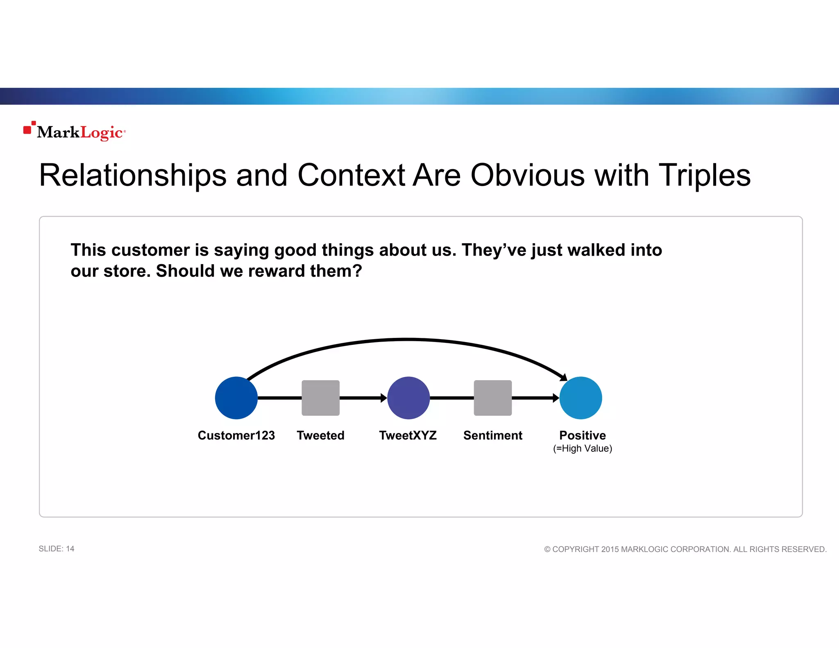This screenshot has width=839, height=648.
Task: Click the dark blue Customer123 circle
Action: tap(236, 398)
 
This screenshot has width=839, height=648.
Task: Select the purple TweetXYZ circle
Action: tap(408, 398)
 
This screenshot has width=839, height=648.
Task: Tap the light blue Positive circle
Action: tap(580, 398)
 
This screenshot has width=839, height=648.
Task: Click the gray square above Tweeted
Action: tap(320, 398)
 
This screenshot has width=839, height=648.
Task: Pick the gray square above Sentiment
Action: tap(492, 398)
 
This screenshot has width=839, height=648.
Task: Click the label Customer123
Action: tap(236, 435)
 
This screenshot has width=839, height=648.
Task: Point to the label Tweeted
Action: tap(320, 435)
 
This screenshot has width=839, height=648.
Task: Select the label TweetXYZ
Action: tap(408, 435)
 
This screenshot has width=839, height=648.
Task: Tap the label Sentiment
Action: tap(492, 435)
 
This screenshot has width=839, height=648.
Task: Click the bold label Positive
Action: tap(582, 435)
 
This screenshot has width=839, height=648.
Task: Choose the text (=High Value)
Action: tap(582, 449)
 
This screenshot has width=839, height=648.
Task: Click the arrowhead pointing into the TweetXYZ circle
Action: tap(384, 398)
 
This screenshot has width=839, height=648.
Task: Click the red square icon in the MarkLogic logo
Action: tap(27, 130)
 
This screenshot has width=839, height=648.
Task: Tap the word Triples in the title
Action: tap(705, 175)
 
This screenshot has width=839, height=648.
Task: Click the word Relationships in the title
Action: tap(133, 175)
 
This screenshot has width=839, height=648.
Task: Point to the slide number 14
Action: tap(70, 549)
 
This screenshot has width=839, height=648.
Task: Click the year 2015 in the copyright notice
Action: tap(610, 549)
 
